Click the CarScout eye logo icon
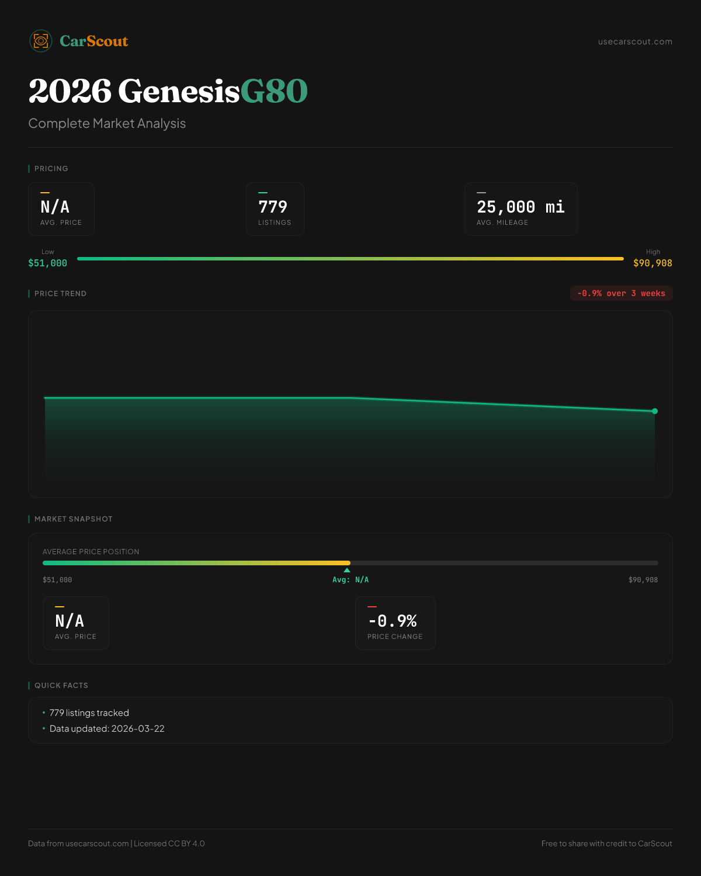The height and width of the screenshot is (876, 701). pyautogui.click(x=41, y=41)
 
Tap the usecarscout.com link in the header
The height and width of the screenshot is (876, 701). pyautogui.click(x=635, y=41)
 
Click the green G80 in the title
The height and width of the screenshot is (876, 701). pyautogui.click(x=274, y=91)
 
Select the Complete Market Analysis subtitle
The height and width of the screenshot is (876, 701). pyautogui.click(x=107, y=123)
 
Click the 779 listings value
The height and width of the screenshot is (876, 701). pyautogui.click(x=273, y=207)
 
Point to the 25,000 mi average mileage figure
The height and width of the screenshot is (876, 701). pyautogui.click(x=520, y=207)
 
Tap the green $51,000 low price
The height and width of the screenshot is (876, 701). pyautogui.click(x=47, y=263)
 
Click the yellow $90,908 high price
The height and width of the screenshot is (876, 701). pyautogui.click(x=653, y=263)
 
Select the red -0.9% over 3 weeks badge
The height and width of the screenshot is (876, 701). pyautogui.click(x=621, y=293)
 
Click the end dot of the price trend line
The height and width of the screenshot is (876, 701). pyautogui.click(x=655, y=411)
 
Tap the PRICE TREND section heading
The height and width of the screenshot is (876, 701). pyautogui.click(x=60, y=293)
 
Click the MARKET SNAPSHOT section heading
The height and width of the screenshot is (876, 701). pyautogui.click(x=73, y=519)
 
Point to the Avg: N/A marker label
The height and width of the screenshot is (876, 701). pyautogui.click(x=350, y=580)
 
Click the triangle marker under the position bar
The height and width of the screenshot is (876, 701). pyautogui.click(x=347, y=570)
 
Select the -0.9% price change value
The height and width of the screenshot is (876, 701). pyautogui.click(x=393, y=621)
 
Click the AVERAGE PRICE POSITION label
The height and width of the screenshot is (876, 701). pyautogui.click(x=91, y=551)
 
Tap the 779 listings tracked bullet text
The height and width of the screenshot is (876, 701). pyautogui.click(x=89, y=712)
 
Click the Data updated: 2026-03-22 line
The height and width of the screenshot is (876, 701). pyautogui.click(x=107, y=728)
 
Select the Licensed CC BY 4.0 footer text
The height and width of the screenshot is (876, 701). pyautogui.click(x=169, y=843)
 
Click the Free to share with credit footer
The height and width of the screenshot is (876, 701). pyautogui.click(x=606, y=843)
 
